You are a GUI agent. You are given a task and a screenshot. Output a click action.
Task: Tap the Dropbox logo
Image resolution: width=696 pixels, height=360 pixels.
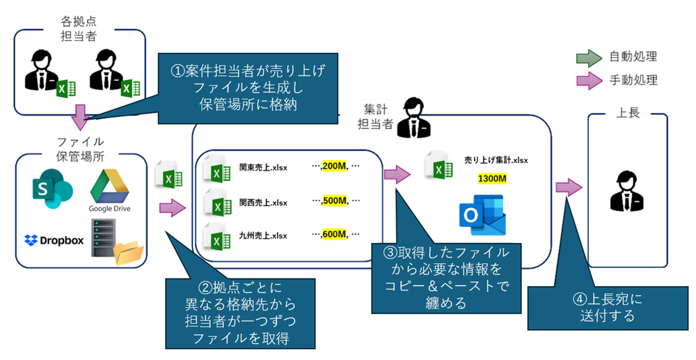pyautogui.click(x=54, y=240)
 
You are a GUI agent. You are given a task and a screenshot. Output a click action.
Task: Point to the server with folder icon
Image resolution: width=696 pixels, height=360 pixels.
pyautogui.click(x=113, y=241)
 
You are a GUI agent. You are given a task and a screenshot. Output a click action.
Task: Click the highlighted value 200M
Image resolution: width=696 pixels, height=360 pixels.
pyautogui.click(x=334, y=167)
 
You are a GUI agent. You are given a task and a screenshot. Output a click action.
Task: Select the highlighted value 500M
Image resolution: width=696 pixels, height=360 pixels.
pyautogui.click(x=334, y=201)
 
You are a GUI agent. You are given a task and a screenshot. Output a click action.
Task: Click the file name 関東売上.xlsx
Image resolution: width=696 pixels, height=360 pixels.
pyautogui.click(x=263, y=168)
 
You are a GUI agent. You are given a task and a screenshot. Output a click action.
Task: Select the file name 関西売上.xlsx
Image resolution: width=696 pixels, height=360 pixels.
pyautogui.click(x=263, y=202)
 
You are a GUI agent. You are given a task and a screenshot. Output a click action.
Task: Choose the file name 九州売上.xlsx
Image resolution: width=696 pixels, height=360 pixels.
pyautogui.click(x=263, y=235)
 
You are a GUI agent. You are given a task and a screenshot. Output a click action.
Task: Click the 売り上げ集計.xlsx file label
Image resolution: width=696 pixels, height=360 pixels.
pyautogui.click(x=496, y=160)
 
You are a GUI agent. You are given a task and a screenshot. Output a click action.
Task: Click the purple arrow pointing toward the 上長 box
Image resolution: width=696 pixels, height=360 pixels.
pyautogui.click(x=568, y=187)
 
